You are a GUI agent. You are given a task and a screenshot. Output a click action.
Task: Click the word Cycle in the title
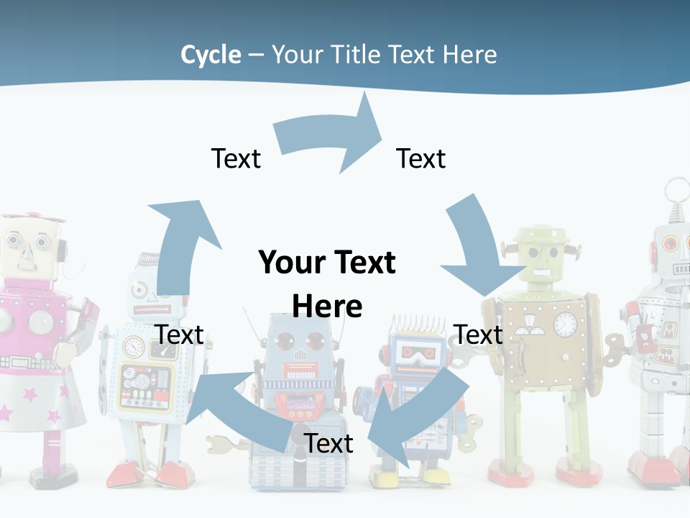(211, 55)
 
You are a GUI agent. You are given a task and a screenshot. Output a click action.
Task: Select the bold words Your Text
(327, 263)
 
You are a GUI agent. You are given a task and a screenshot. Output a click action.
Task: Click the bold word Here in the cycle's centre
(327, 306)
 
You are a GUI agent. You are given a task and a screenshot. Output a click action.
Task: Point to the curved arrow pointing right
(331, 140)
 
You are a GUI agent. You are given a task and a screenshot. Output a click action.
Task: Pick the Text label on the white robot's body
(180, 335)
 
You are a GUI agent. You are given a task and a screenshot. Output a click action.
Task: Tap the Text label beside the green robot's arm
(479, 335)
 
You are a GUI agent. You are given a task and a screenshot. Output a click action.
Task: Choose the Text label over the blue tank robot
(328, 443)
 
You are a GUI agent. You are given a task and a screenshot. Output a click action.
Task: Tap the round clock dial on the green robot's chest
(566, 324)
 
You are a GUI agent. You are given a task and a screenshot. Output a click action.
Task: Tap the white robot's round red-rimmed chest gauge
(134, 347)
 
